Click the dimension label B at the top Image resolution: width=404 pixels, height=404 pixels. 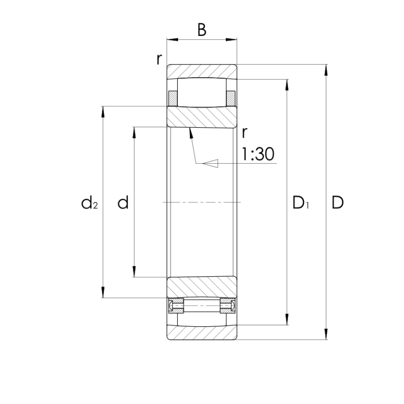pos(201,30)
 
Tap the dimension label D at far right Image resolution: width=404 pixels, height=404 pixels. pos(337,203)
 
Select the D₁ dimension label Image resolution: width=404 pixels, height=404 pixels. pos(300,203)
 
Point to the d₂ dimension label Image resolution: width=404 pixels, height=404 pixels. pos(89,203)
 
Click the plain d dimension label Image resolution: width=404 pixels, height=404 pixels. pos(123,203)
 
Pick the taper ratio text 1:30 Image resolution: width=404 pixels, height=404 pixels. pos(258,155)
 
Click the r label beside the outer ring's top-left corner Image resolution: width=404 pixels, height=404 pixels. pos(160,59)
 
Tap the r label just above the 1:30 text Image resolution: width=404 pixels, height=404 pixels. pos(244,133)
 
